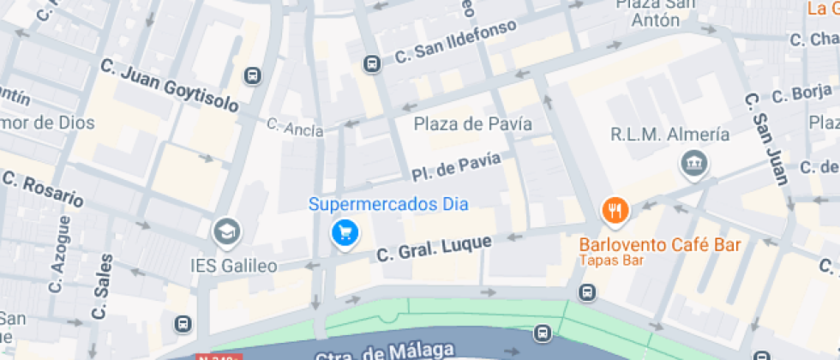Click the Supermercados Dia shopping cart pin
[345, 232]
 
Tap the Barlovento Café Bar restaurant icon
[615, 208]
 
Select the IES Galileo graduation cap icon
[227, 231]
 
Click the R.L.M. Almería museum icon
[692, 162]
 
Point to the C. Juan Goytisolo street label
[169, 86]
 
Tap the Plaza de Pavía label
[473, 124]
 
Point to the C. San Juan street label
[765, 137]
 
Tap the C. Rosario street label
[44, 189]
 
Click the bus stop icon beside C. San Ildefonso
[372, 63]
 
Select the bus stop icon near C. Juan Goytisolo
[252, 75]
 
